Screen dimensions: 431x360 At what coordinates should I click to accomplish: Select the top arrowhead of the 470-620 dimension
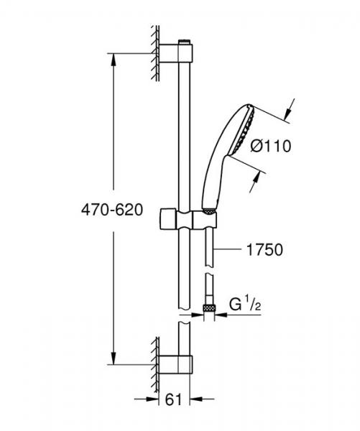(114, 57)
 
